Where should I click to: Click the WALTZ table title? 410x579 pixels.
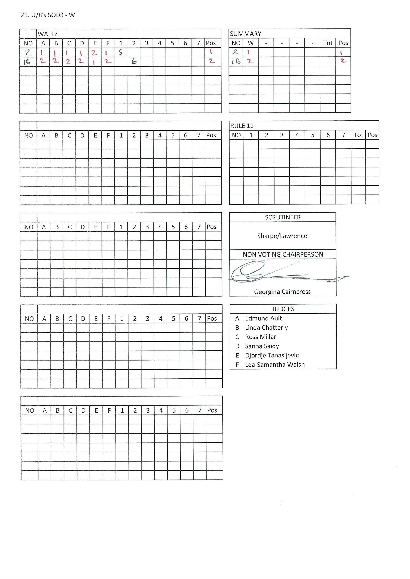coord(48,34)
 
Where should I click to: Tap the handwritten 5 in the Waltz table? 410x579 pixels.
coord(120,52)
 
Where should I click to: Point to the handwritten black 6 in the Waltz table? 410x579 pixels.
coord(134,61)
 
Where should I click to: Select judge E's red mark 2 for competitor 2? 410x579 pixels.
coord(94,53)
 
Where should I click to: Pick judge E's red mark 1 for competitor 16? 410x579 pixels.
coord(94,62)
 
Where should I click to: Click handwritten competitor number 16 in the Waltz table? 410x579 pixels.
coord(27,61)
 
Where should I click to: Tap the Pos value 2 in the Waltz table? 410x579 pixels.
coord(212,61)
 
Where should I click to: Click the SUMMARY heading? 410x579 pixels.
coord(245,34)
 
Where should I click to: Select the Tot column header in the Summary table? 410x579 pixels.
coord(328,43)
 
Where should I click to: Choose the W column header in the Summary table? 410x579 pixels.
coord(250,43)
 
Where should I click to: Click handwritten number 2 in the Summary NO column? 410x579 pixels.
coord(235,52)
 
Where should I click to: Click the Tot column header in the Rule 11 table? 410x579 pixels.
coord(358,135)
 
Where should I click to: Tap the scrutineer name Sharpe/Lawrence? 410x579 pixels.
coord(282,236)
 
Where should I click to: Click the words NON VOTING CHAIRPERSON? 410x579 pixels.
coord(283,255)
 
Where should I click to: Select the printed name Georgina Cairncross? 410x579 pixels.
coord(282,292)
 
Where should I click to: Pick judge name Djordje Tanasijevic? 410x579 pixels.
coord(272,356)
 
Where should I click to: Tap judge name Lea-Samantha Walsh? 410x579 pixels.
coord(275,365)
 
